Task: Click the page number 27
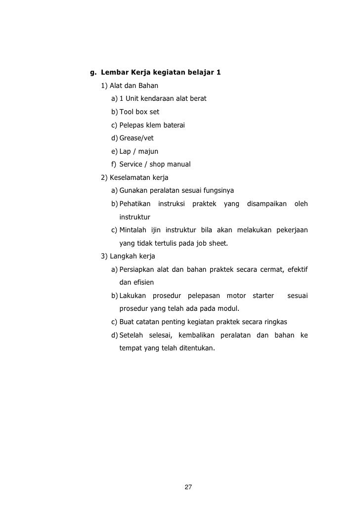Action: coord(187,487)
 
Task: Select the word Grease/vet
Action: coord(136,138)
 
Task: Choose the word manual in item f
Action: coord(178,164)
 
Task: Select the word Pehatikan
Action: coord(135,204)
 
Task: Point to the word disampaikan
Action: coord(267,204)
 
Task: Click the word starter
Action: coord(263,296)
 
